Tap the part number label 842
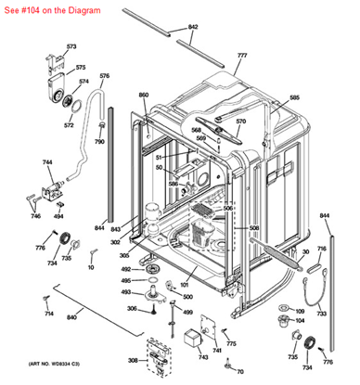tap(193, 28)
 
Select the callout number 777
tap(242, 57)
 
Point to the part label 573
tap(71, 46)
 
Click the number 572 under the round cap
tap(69, 123)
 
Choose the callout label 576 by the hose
tap(104, 75)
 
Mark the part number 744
tap(46, 162)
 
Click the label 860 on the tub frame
tap(144, 96)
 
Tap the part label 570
tap(241, 122)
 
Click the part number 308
tap(132, 360)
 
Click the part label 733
tap(321, 314)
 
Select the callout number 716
tap(321, 249)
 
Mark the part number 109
tap(299, 310)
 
